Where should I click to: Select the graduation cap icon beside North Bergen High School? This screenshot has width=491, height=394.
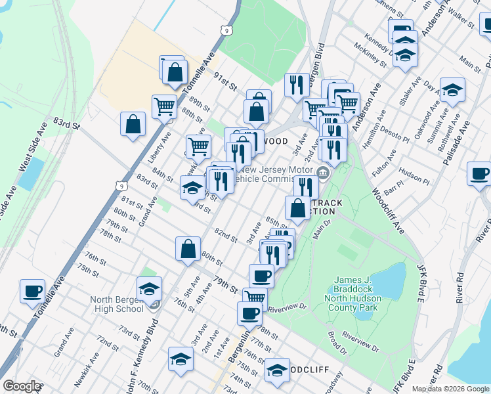[x=149, y=288]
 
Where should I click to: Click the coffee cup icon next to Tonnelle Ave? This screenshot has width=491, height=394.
[x=32, y=291]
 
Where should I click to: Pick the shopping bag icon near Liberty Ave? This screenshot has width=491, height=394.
[x=133, y=123]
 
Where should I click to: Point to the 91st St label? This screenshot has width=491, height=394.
[x=223, y=84]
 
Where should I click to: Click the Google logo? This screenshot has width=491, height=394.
[x=22, y=386]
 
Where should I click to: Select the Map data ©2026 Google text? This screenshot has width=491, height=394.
[x=450, y=389]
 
